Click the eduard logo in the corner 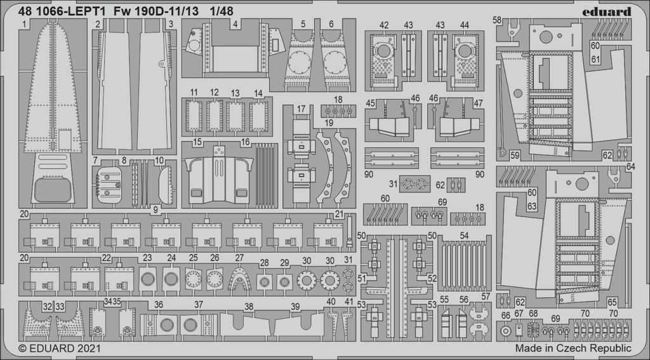click(x=606, y=11)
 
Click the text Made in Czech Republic click(x=573, y=347)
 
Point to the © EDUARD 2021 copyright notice click(x=60, y=347)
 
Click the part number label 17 click(x=302, y=109)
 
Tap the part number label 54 click(x=464, y=236)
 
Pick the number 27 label click(x=239, y=258)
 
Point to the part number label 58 click(x=497, y=20)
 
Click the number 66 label click(x=506, y=316)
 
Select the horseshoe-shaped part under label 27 click(x=239, y=280)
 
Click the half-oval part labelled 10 click(x=166, y=184)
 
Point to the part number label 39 click(x=295, y=307)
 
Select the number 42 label click(x=384, y=25)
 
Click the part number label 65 click(x=613, y=302)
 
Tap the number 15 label click(x=197, y=142)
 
